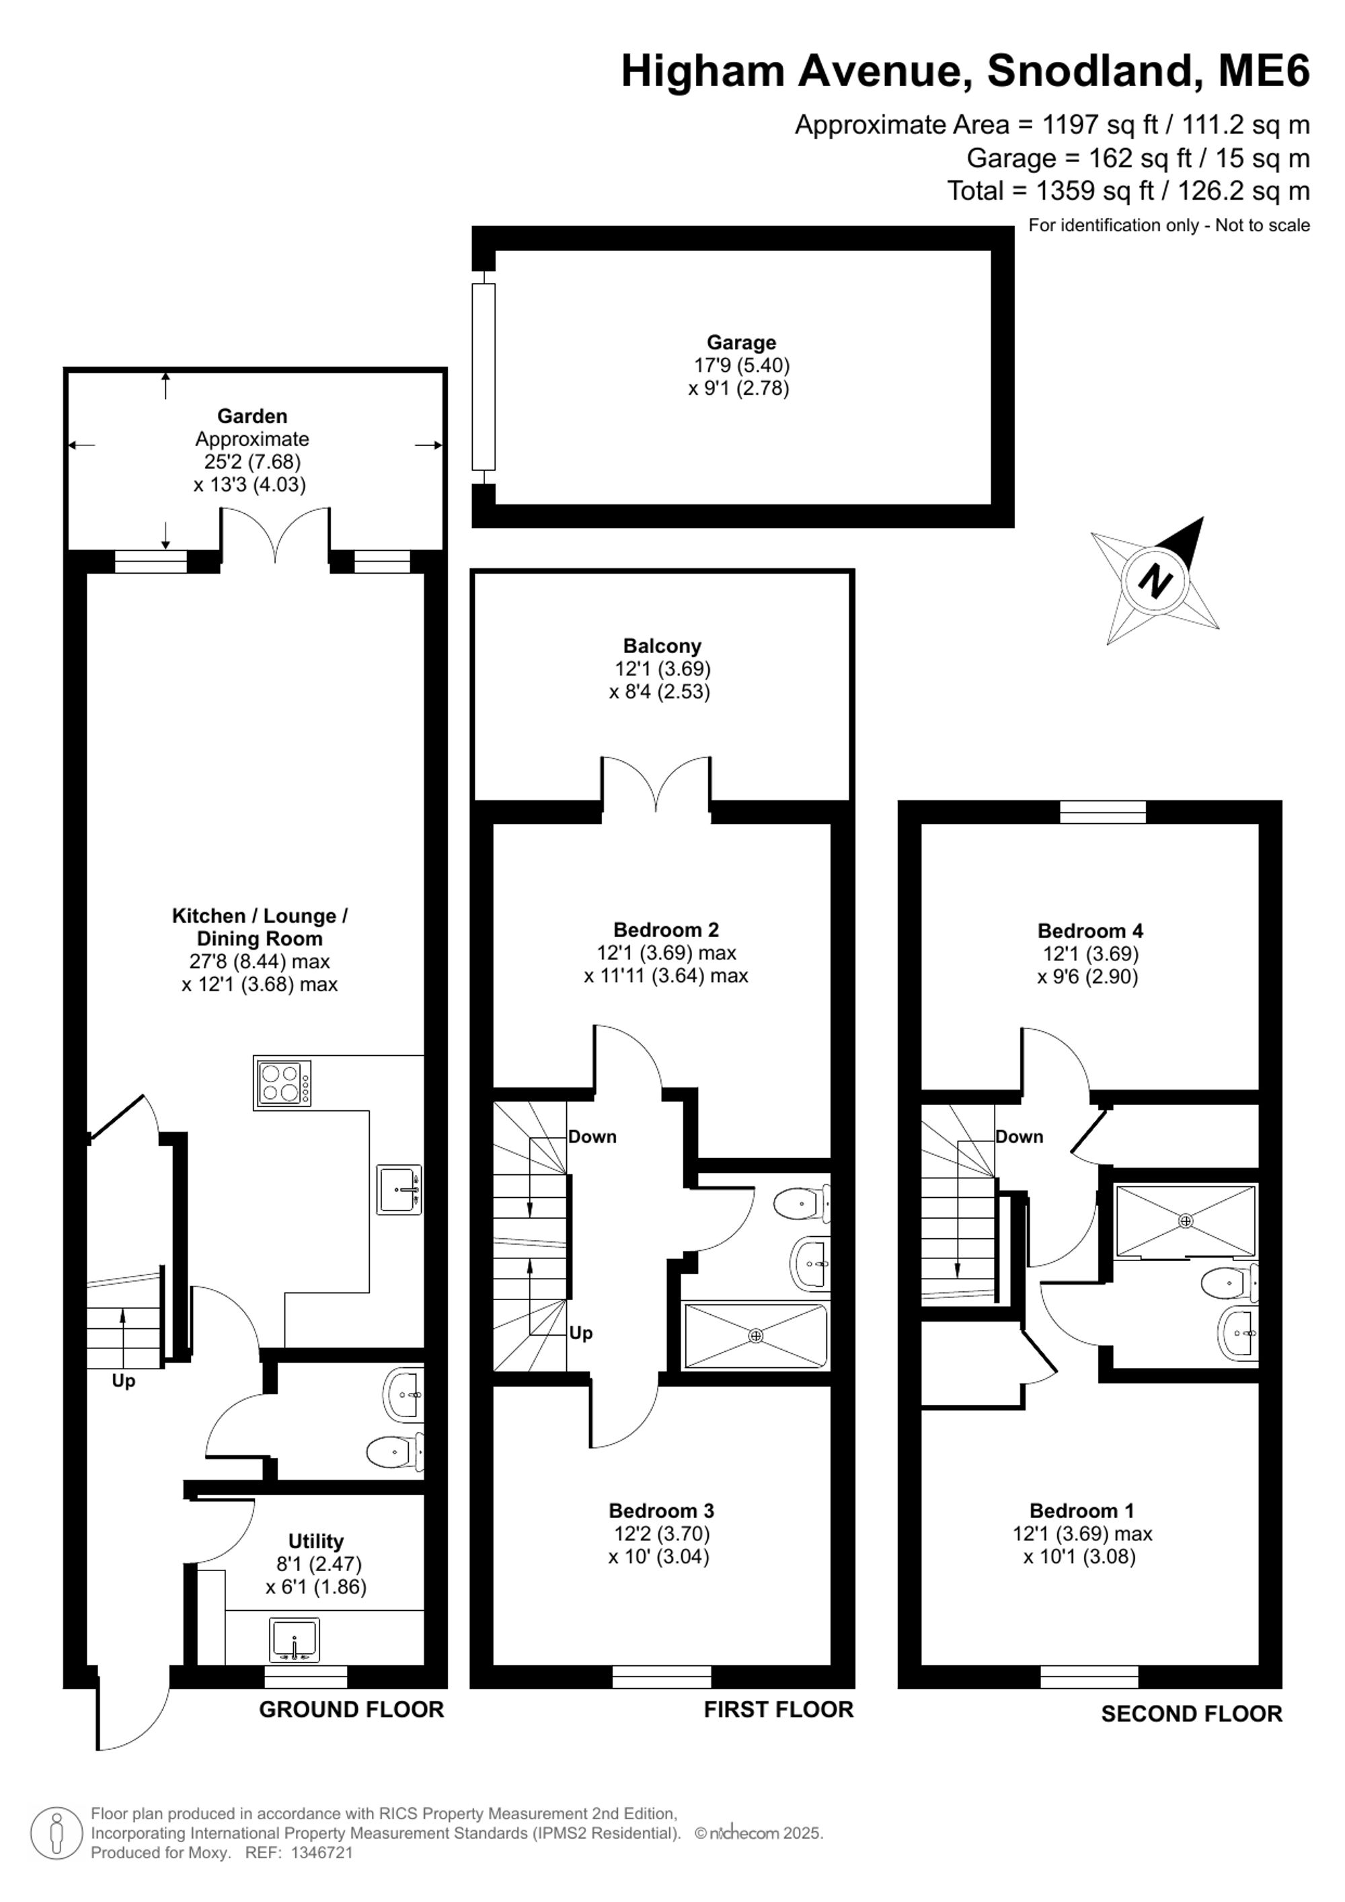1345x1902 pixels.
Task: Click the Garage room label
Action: pos(740,342)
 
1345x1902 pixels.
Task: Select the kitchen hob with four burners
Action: pos(283,1083)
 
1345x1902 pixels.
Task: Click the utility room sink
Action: pos(294,1640)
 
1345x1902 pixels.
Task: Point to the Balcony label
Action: pos(662,646)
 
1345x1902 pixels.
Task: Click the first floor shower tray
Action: pos(755,1336)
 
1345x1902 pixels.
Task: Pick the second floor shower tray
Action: pos(1186,1220)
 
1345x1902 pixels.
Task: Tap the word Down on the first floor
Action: pos(592,1137)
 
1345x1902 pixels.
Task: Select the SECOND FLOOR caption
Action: pos(1191,1713)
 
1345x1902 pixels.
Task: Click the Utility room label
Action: pos(315,1541)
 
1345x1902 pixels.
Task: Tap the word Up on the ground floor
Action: pos(123,1381)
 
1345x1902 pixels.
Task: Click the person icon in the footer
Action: pos(57,1833)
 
